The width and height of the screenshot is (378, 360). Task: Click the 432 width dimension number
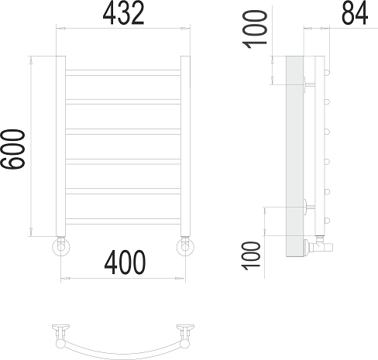123,13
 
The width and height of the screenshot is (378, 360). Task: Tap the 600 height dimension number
13,149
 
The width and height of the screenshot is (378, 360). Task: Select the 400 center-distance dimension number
125,262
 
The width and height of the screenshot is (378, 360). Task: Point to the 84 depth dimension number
355,13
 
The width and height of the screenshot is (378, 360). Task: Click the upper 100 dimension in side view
255,29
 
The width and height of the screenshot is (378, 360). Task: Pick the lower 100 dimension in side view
250,255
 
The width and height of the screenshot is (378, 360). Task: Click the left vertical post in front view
60,146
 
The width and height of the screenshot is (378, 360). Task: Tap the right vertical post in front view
185,146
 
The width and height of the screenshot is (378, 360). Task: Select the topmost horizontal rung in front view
123,73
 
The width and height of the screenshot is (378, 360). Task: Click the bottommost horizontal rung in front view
123,221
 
